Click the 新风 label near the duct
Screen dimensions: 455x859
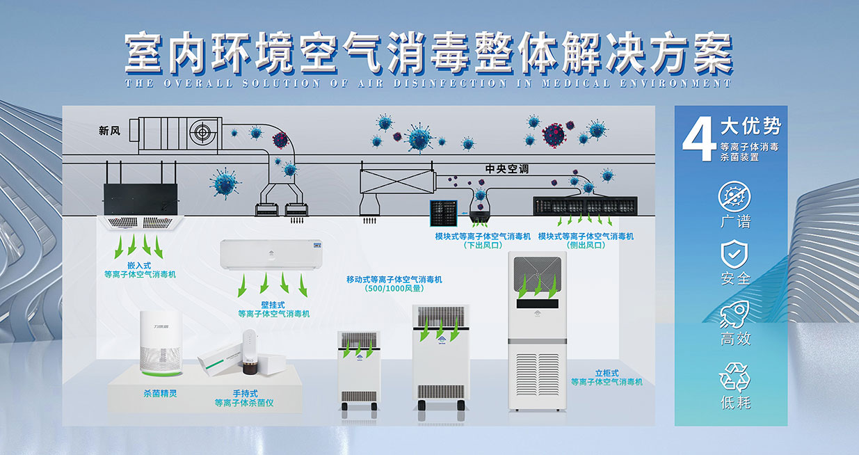click(x=109, y=130)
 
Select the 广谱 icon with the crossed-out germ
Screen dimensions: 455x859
click(x=734, y=195)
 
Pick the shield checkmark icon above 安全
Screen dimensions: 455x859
click(x=734, y=253)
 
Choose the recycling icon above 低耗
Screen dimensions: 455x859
click(x=734, y=376)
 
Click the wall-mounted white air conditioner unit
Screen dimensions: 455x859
click(x=272, y=254)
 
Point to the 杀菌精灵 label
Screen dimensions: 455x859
click(x=156, y=393)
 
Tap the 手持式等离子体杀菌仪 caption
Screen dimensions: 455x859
click(x=244, y=398)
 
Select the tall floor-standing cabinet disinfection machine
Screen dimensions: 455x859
click(x=537, y=330)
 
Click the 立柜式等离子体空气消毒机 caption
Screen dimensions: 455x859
click(x=607, y=378)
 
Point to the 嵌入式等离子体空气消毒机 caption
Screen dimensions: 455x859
click(x=140, y=270)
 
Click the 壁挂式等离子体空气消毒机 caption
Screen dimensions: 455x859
click(x=273, y=309)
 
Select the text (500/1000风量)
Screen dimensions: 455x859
click(x=394, y=289)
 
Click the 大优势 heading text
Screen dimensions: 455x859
click(x=750, y=127)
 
